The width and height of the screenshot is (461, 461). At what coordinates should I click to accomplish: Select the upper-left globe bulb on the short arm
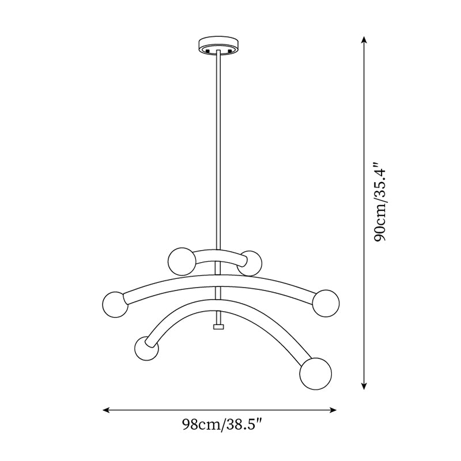pos(180,260)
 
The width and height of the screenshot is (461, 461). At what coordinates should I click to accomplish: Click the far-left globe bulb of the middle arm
pos(115,304)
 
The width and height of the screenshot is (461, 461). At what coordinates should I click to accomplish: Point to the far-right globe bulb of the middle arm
pos(327,302)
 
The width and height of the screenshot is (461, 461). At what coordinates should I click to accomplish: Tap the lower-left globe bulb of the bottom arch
pos(145,348)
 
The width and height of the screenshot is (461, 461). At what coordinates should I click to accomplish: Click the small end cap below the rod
pos(218,327)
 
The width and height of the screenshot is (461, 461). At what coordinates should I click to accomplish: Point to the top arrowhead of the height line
pos(364,39)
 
